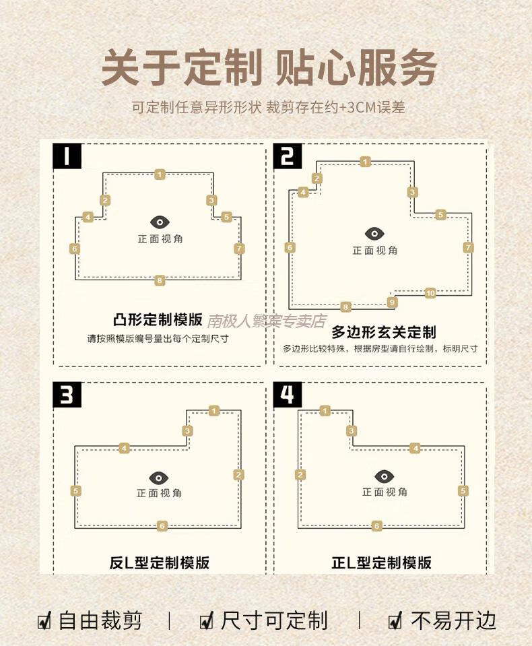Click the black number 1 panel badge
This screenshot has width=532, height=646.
(x=67, y=156)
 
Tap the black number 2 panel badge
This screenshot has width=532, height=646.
(x=288, y=156)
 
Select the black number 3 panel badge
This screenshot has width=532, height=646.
(x=67, y=395)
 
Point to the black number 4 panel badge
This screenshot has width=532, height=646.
(x=288, y=395)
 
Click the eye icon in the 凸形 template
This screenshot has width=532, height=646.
(x=160, y=222)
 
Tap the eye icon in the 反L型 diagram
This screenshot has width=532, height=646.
(x=159, y=478)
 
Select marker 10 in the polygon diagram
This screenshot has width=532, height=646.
(x=430, y=293)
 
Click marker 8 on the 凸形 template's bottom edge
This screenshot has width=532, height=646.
(x=160, y=281)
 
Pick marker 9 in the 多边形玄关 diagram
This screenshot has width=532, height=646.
(x=392, y=302)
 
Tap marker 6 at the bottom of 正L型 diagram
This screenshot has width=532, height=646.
(x=376, y=525)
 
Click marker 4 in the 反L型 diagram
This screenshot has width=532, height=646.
(x=125, y=448)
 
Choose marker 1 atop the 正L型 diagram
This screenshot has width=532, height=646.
(x=325, y=411)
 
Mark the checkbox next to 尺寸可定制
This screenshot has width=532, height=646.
(x=207, y=620)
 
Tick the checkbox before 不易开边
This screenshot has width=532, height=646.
(x=395, y=620)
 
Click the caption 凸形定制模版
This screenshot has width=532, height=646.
(x=158, y=320)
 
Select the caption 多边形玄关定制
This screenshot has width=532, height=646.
(x=384, y=331)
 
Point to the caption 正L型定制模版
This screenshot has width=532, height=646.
(x=382, y=562)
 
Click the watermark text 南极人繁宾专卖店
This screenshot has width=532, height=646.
(x=267, y=321)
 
